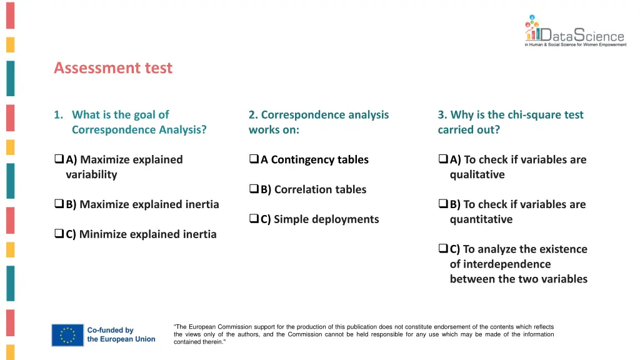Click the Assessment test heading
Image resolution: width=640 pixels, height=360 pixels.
pos(113,67)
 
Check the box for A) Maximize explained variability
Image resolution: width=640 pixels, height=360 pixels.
pos(59,160)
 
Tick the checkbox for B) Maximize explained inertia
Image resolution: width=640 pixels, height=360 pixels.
pos(59,204)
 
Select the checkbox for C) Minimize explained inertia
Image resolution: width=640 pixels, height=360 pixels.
pos(59,234)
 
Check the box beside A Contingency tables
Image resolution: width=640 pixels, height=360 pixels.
pos(254,160)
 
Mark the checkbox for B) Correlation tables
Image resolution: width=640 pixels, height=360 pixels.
pos(254,189)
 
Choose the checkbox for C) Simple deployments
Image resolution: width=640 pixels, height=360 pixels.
pos(254,219)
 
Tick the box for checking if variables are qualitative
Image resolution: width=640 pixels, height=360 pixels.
pos(443,160)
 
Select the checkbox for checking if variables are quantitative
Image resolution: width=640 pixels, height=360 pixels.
pos(443,204)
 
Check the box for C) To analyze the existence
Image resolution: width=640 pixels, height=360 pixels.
pos(443,249)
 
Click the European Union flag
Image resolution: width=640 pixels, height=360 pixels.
pos(67,335)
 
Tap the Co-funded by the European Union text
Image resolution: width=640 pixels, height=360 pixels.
pos(121,335)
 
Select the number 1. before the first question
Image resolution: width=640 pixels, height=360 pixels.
pos(58,114)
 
